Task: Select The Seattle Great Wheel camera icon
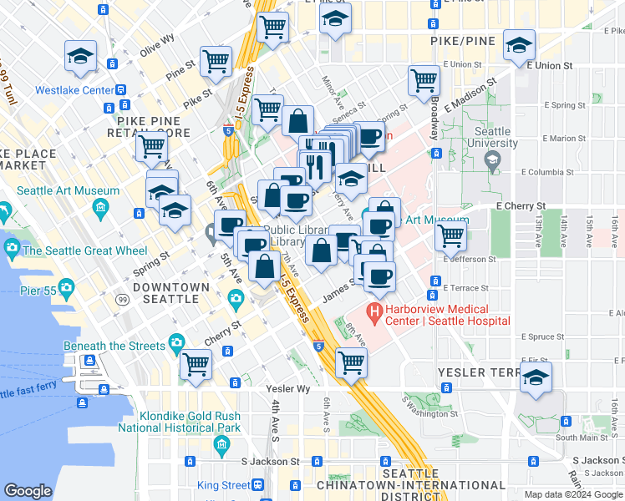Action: coord(12,249)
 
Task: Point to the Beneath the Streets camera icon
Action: coord(176,342)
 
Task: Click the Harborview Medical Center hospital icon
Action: coord(375,315)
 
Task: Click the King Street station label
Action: coord(223,485)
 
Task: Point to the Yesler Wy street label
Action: coord(288,389)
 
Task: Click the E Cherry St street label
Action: coord(520,205)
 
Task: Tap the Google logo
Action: coord(28,491)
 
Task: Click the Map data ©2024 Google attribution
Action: coord(572,494)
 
